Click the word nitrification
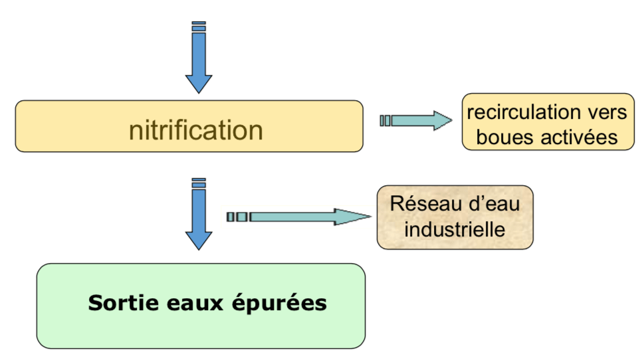tap(196, 130)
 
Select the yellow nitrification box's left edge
tap(16, 126)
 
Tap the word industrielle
tap(455, 230)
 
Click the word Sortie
tap(121, 303)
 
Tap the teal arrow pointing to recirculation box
tap(415, 120)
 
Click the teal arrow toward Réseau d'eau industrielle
tap(299, 217)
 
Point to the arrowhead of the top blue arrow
tap(198, 83)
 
